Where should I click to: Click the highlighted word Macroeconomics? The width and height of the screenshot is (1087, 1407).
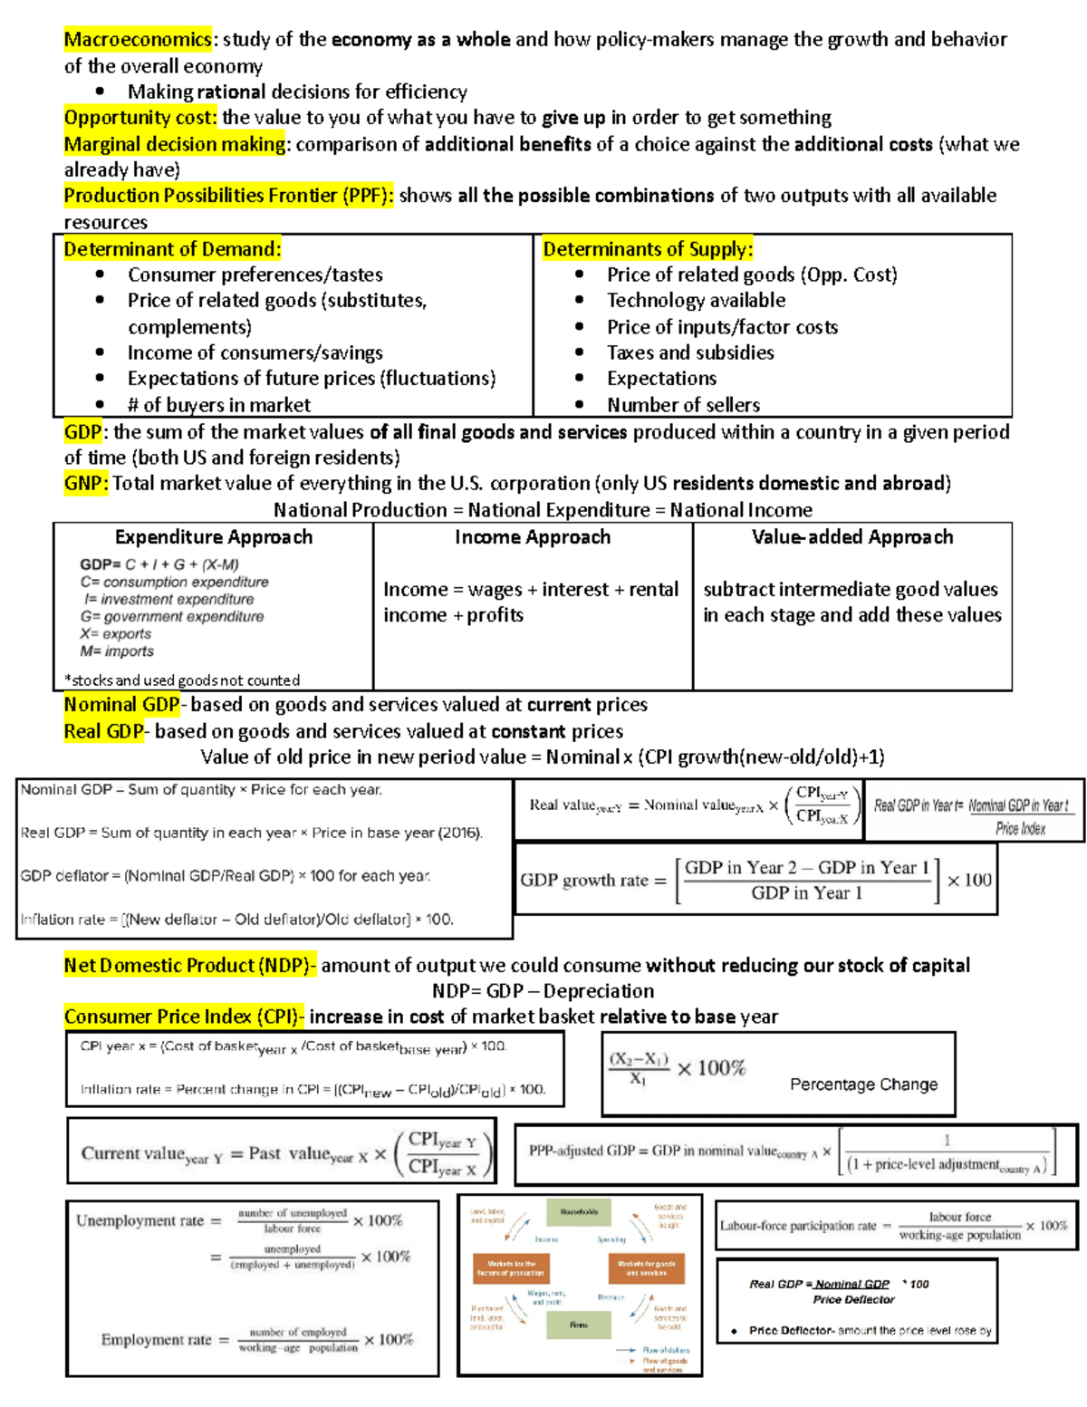[138, 39]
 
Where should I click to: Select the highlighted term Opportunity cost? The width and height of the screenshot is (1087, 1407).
[140, 118]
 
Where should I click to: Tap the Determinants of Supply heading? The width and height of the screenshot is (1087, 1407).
[648, 249]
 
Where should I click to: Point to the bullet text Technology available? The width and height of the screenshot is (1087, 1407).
[696, 301]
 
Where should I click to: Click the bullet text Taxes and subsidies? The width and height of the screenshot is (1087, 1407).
[690, 352]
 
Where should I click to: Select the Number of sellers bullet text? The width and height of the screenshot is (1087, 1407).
[683, 405]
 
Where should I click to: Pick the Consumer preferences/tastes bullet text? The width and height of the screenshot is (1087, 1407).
[255, 275]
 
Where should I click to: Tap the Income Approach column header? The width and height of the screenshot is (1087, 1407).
[533, 537]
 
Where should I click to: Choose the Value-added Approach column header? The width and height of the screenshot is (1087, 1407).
[852, 537]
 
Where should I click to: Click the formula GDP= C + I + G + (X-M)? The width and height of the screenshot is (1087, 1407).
[159, 564]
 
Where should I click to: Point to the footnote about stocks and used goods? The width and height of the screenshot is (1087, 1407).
[182, 680]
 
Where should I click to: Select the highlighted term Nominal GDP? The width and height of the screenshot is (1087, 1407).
[122, 705]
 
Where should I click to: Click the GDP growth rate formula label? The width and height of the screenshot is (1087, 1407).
[592, 881]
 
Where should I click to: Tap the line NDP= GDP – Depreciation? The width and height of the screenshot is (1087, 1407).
[543, 991]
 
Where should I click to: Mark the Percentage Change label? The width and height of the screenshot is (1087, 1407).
[863, 1084]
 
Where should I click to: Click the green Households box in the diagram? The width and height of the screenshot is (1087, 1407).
[579, 1212]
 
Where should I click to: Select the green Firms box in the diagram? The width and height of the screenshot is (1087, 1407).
[579, 1325]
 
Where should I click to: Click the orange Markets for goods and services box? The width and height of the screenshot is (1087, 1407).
[646, 1267]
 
